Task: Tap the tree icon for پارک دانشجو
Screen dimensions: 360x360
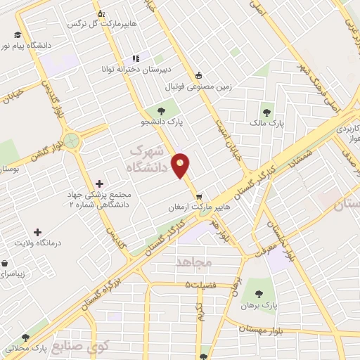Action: point(162,110)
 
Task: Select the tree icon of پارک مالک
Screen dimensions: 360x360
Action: point(266,111)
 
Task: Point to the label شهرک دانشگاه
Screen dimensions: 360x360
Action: point(149,160)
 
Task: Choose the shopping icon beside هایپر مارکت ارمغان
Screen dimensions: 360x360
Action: point(200,197)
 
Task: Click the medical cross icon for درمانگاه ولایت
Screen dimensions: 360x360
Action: point(37,231)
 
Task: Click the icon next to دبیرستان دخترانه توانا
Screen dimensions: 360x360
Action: point(136,59)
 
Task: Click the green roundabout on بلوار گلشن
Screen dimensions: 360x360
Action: point(70,141)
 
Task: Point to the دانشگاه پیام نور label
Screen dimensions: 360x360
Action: point(30,45)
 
